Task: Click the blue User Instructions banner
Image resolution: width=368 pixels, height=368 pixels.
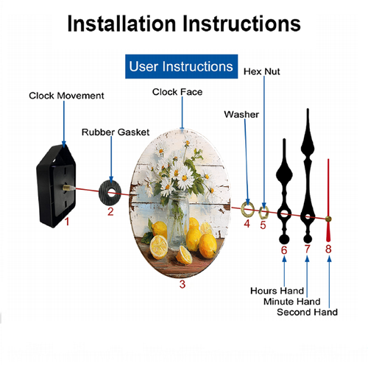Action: [x=181, y=66]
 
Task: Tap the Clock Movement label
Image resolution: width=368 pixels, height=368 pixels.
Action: [x=66, y=96]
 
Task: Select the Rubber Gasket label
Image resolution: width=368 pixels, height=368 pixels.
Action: [x=116, y=132]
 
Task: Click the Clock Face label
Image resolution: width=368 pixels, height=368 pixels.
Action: [x=177, y=92]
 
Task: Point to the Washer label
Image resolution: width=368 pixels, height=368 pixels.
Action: [x=241, y=114]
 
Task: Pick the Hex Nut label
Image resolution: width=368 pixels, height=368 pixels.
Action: [x=262, y=71]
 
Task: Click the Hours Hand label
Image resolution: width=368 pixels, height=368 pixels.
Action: [x=277, y=291]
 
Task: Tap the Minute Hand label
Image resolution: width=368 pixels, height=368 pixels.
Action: [x=292, y=301]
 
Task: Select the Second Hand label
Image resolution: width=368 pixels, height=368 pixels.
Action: [x=307, y=312]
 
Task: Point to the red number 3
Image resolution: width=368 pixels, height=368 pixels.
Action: [x=183, y=284]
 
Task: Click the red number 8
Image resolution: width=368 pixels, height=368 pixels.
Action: [x=328, y=249]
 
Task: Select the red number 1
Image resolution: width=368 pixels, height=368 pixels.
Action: [x=67, y=222]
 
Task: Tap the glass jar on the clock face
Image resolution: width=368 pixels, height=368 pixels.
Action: [x=178, y=220]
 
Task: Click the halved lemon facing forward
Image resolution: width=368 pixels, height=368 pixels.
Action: [x=159, y=247]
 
